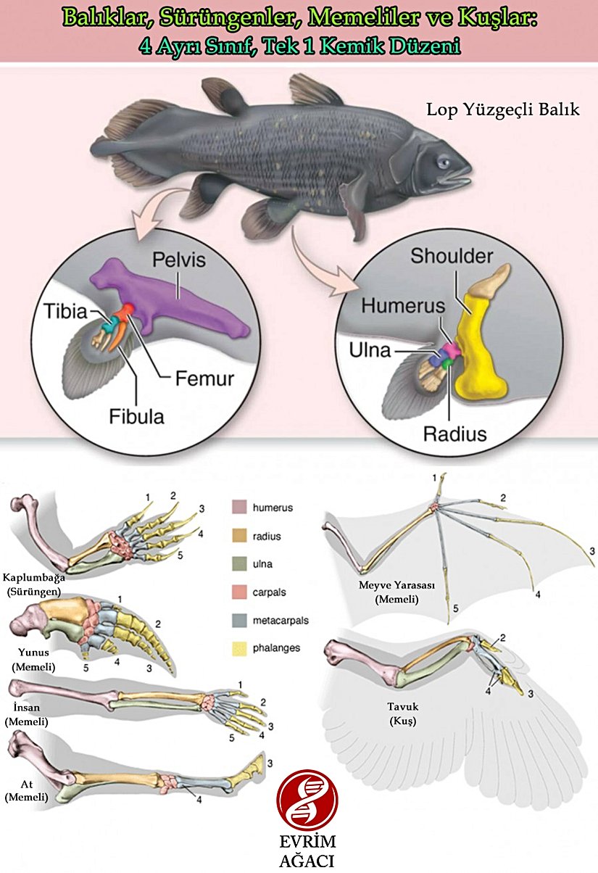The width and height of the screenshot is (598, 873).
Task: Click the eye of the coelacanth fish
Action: [443, 162]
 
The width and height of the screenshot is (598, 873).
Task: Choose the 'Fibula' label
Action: [136, 416]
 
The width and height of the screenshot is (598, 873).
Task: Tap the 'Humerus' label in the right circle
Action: [402, 306]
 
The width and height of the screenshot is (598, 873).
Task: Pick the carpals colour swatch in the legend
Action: [239, 592]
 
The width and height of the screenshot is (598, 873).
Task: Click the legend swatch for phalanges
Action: [239, 647]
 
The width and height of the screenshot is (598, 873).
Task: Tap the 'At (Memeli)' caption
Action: [26, 791]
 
